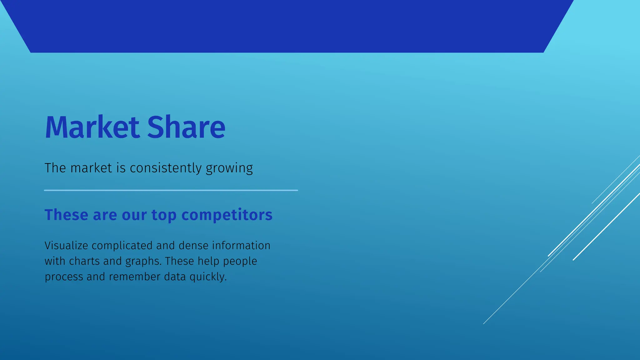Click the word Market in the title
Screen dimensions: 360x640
click(92, 127)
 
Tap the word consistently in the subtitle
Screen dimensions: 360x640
click(166, 168)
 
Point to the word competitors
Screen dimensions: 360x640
click(227, 215)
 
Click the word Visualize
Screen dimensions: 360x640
click(66, 246)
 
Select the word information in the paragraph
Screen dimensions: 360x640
click(241, 246)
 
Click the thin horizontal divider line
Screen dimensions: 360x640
click(171, 190)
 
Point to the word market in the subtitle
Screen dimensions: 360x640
click(91, 168)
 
